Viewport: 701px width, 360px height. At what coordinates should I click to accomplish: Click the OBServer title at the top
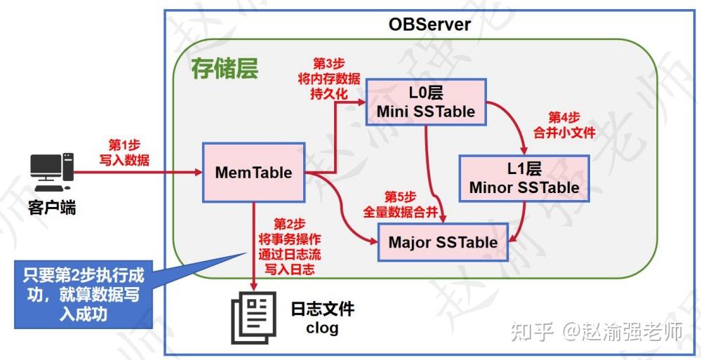pos(429,25)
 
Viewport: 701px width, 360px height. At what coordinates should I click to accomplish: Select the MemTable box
pos(253,173)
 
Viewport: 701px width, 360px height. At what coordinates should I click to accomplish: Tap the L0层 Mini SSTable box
pos(426,102)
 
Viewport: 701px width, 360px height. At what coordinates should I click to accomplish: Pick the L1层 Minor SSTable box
pos(524,178)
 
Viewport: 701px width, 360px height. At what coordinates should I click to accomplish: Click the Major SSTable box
pos(443,243)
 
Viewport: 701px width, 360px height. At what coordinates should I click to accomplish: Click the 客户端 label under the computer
pos(52,208)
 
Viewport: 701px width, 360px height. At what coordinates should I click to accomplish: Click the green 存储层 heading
pos(225,69)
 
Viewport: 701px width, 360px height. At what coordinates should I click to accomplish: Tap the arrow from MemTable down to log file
pos(253,246)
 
